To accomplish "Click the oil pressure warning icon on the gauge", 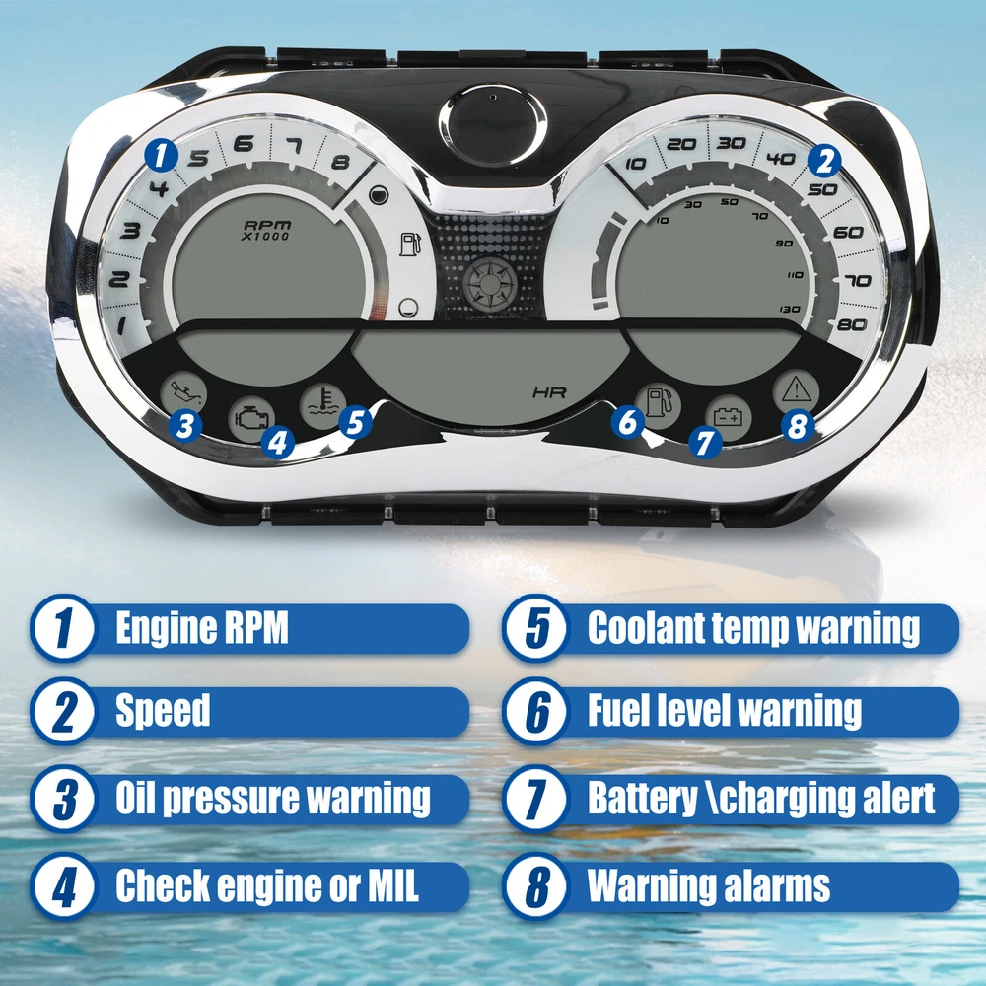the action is [x=183, y=393].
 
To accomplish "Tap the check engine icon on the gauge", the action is [x=251, y=418].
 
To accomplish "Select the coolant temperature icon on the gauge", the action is [x=322, y=405].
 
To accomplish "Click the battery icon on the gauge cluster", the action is [x=729, y=417].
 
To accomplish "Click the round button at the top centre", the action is [x=492, y=126].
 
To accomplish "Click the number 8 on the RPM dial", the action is [x=340, y=163].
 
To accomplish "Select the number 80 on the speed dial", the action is [x=852, y=324].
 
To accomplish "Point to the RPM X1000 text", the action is [x=267, y=230].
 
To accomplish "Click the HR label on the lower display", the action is [x=549, y=393].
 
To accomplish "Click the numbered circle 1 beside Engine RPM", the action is [x=63, y=628].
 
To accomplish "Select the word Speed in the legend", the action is [x=163, y=711].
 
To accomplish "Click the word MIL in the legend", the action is [x=393, y=885].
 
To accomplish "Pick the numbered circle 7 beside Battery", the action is [x=535, y=799].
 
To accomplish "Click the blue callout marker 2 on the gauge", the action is [x=824, y=161].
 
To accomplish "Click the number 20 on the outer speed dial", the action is [x=681, y=145].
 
